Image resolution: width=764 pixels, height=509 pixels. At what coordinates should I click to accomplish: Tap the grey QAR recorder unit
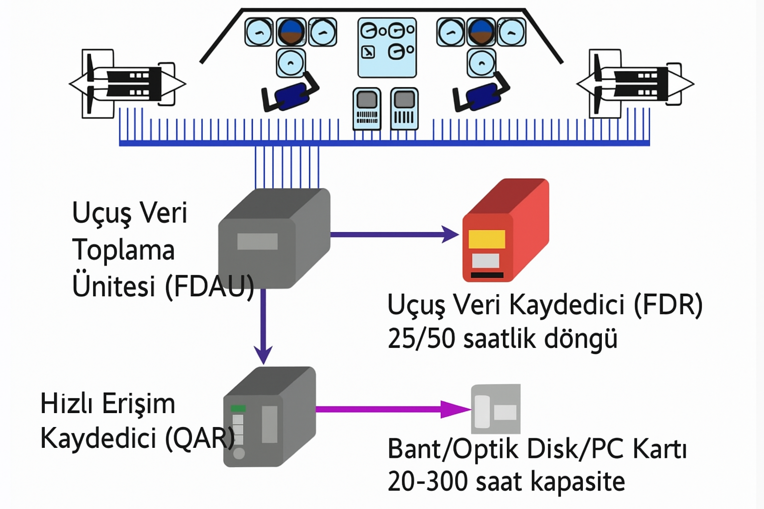pos(269,418)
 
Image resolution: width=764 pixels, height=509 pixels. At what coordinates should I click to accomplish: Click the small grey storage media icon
pos(495,409)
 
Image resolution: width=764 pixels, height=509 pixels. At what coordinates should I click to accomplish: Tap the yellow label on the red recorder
pos(487,239)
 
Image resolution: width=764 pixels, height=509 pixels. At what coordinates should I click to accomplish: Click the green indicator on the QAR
pos(238,408)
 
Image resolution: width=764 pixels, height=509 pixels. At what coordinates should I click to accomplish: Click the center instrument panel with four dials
pos(387,48)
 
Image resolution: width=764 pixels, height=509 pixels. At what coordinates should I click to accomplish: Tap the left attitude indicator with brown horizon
pos(291,32)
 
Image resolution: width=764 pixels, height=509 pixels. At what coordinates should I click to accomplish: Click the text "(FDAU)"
pos(209,286)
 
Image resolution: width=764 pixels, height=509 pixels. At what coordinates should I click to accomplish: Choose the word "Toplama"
pos(123,250)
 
